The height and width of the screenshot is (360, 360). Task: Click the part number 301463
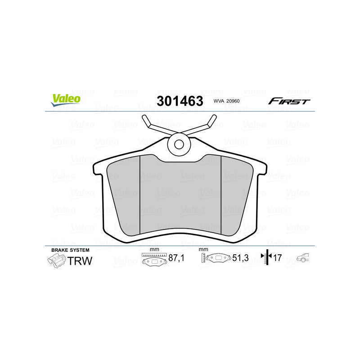180,101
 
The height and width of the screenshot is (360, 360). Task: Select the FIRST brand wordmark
289,101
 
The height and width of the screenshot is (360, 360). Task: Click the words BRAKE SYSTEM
70,250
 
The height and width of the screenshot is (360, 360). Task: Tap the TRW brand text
80,261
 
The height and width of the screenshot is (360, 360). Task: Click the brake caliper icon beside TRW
56,261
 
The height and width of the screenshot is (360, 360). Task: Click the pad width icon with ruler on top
154,259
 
